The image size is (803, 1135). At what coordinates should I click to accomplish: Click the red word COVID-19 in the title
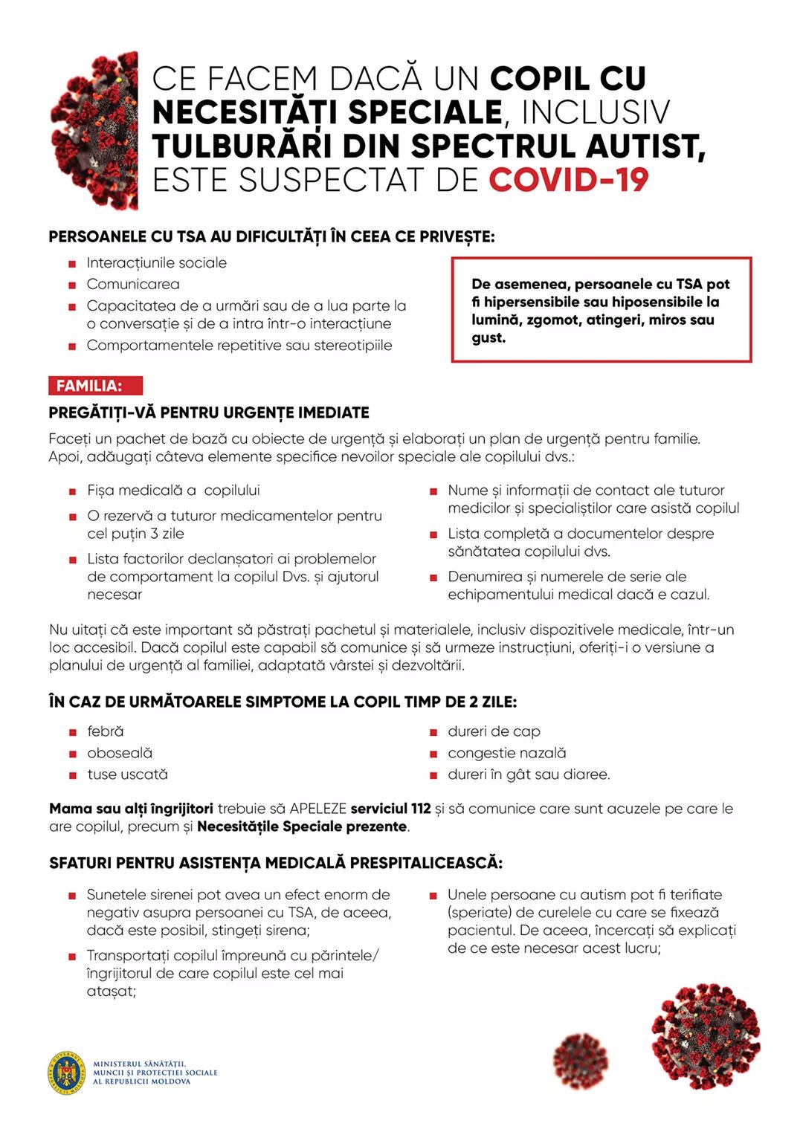point(569,181)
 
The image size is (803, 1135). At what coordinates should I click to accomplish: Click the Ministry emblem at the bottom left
point(66,1073)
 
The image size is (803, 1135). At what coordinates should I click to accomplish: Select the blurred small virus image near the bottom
point(581,1061)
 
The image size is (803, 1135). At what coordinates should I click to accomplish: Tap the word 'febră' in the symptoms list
point(106,731)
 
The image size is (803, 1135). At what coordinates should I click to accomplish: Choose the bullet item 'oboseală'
point(120,753)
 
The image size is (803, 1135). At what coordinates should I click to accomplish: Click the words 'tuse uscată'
point(127,775)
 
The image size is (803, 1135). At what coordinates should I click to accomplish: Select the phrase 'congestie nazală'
point(506,753)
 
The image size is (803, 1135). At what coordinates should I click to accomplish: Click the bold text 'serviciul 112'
point(390,809)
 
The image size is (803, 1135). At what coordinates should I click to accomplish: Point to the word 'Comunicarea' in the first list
point(133,284)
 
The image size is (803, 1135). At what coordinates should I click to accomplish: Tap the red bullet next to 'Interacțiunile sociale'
point(72,264)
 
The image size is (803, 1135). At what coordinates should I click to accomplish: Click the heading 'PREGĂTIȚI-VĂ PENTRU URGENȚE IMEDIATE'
point(209,413)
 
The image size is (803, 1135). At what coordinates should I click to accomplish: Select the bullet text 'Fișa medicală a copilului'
point(173,491)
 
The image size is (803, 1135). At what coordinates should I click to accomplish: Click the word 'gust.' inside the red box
point(488,338)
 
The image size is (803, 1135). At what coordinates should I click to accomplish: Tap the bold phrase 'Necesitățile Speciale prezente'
point(303,827)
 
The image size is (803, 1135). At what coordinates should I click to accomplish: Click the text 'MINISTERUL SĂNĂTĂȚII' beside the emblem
point(139,1064)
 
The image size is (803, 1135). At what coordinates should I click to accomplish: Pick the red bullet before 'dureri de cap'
point(433,733)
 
